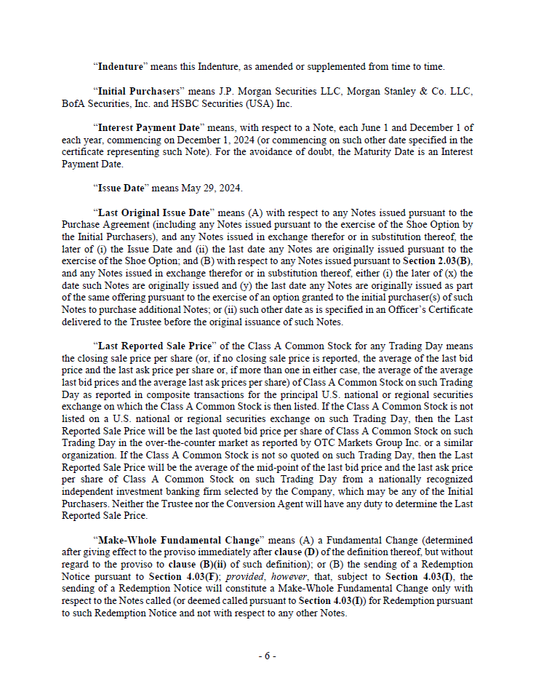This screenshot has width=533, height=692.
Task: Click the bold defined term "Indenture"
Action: click(120, 66)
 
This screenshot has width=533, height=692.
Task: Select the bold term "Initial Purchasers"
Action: click(137, 91)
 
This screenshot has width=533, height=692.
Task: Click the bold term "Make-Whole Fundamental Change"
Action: click(177, 541)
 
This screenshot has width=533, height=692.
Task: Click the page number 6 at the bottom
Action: click(266, 656)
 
